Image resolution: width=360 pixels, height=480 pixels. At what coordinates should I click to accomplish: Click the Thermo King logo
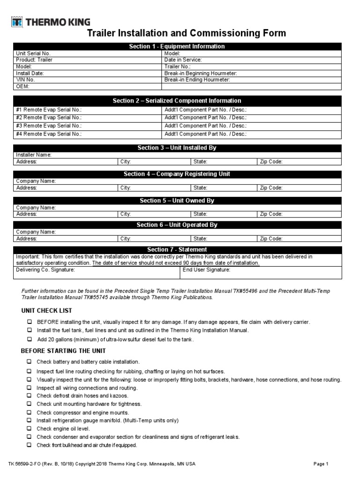51,22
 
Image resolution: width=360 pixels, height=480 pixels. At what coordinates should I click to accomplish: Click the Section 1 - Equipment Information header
177,46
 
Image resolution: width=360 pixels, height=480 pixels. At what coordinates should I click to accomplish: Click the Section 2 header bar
177,101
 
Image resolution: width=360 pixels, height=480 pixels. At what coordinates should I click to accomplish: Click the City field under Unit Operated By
154,239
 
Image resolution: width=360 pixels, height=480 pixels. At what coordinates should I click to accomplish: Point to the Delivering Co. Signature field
96,273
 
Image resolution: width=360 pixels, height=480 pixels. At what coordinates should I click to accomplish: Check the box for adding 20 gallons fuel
29,339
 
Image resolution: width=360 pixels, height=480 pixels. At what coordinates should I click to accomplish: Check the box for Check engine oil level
29,428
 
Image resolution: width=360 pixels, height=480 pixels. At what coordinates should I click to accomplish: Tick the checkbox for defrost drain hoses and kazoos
29,396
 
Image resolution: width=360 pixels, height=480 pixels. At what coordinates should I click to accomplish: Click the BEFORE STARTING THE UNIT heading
63,351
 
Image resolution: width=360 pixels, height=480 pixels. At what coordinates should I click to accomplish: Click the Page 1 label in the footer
321,464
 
